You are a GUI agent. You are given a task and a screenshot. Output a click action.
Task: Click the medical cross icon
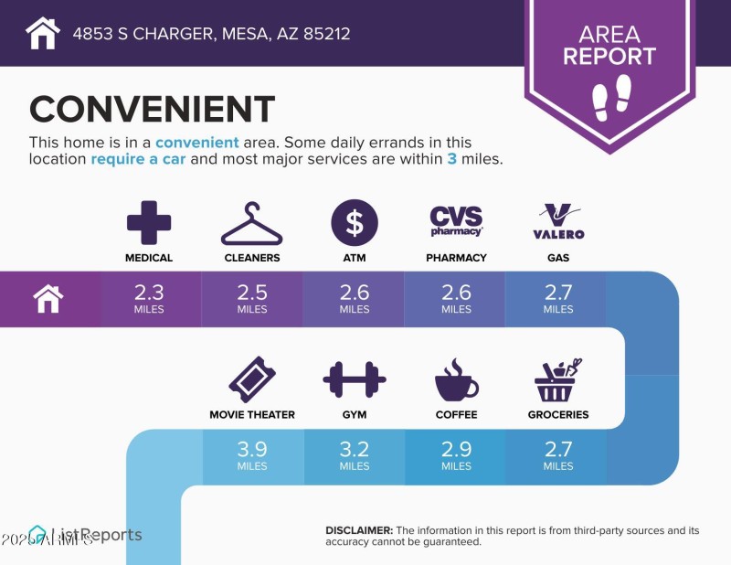tap(149, 222)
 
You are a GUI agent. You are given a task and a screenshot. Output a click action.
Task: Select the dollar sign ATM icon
tap(354, 222)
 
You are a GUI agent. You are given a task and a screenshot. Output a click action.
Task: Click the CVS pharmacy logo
tap(456, 220)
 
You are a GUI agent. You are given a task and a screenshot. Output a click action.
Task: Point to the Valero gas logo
tap(558, 221)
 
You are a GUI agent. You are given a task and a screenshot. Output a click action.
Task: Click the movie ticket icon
tap(251, 379)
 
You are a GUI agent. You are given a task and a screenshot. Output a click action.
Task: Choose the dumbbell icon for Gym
tap(354, 379)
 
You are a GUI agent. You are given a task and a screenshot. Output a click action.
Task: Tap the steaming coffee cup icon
tap(456, 379)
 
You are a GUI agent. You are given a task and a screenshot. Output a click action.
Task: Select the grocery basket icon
tap(558, 379)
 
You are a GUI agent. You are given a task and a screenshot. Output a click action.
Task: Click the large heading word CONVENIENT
tap(152, 110)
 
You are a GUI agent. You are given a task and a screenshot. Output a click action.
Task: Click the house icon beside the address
tap(43, 34)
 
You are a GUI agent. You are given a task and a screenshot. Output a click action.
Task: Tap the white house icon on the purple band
tap(48, 299)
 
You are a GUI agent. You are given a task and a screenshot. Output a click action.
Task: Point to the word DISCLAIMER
tap(359, 530)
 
